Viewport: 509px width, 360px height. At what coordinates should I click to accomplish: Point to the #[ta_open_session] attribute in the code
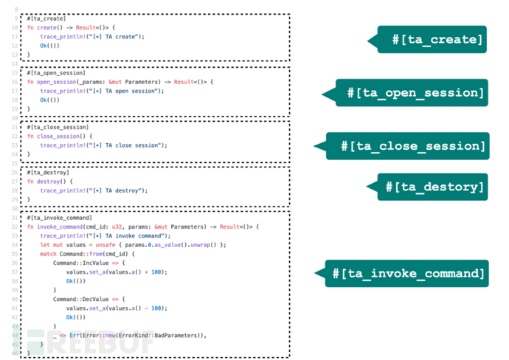[56, 73]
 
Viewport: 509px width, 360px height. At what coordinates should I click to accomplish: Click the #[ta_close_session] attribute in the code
[58, 128]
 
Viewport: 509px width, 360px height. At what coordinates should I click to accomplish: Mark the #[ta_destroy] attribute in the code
[49, 172]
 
